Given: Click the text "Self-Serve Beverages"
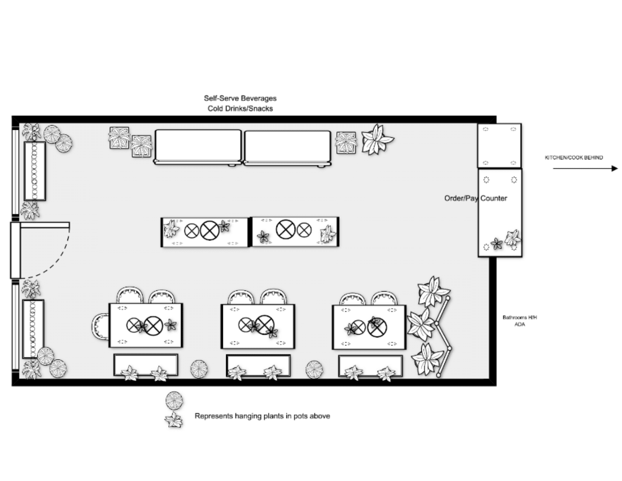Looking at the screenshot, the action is (240, 98).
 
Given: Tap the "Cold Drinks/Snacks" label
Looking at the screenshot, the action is (240, 109).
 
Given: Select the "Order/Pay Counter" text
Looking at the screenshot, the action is (475, 198).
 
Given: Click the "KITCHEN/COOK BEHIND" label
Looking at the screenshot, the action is (574, 158).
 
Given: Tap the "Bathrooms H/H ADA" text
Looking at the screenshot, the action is (520, 321).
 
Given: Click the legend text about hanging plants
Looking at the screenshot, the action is (262, 416).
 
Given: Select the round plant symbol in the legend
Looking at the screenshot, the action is (174, 400).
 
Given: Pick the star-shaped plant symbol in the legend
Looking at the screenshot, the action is (174, 420).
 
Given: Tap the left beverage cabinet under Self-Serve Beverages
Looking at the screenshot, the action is (198, 148).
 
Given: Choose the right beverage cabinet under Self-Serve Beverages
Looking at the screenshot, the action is (287, 148).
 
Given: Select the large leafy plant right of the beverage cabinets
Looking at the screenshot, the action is (377, 140).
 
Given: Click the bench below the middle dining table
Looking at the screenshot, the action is (258, 366).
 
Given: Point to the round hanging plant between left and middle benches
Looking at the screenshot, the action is (199, 369).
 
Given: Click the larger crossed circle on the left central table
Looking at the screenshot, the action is (210, 231).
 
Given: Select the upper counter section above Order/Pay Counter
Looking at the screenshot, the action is (499, 146).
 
